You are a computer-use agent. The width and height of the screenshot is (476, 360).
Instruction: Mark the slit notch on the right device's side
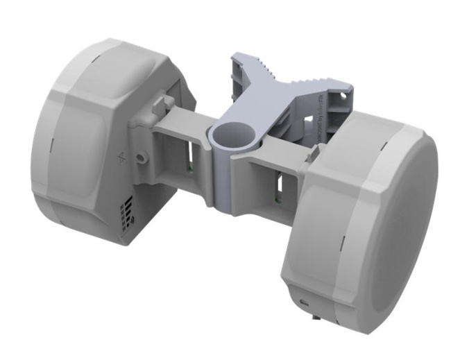(x=343, y=246)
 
